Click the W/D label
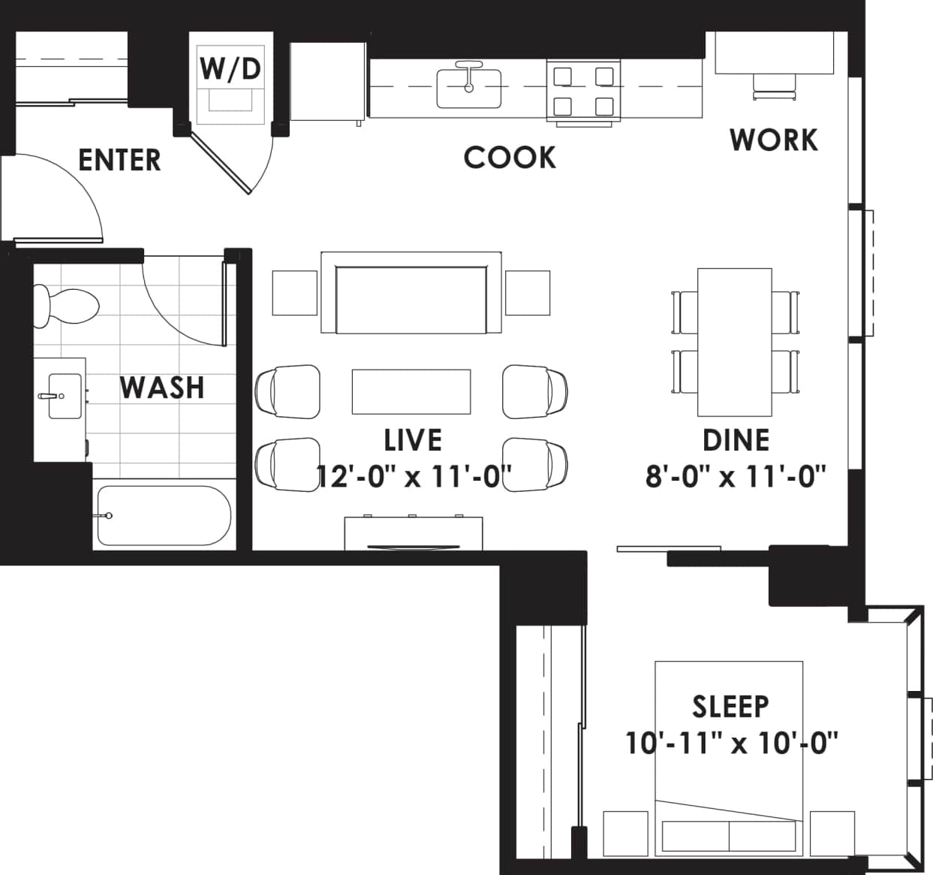[x=230, y=68]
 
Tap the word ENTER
[x=119, y=160]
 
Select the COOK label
[x=510, y=158]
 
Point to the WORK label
[x=773, y=140]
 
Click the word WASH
[x=162, y=388]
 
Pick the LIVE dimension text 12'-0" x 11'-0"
[x=414, y=476]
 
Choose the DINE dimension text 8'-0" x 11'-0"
[x=736, y=476]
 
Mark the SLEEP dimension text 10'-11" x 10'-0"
[x=731, y=744]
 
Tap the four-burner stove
[x=583, y=91]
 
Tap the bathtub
[x=163, y=515]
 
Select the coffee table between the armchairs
[x=411, y=391]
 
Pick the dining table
[x=734, y=342]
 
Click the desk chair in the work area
[x=774, y=87]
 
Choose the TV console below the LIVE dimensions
[x=414, y=533]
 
